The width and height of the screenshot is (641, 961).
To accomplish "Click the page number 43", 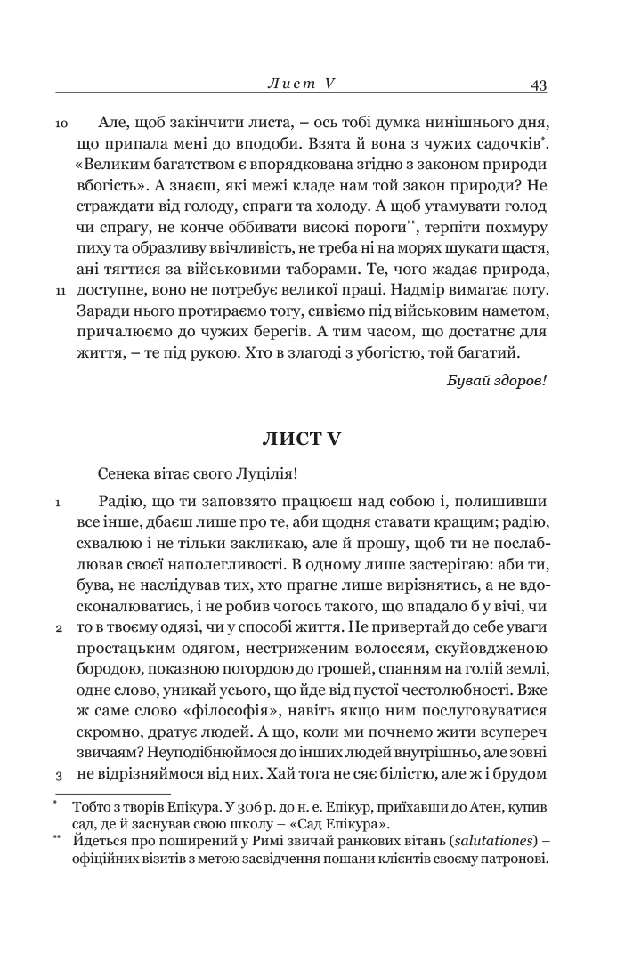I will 537,85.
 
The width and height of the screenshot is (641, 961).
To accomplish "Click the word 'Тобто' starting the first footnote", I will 92,806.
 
